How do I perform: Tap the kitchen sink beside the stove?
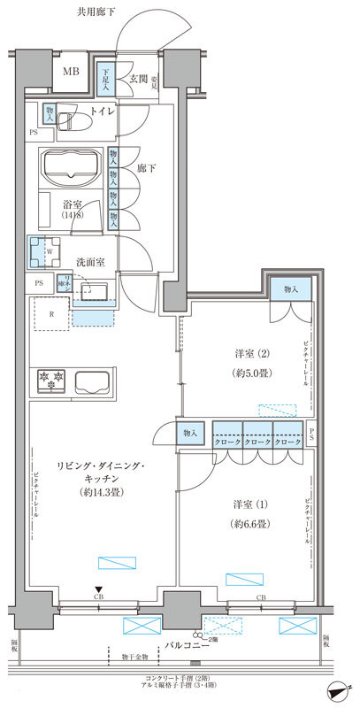[95, 383]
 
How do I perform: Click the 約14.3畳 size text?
[97, 492]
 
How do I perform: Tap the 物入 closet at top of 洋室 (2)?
[291, 289]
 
